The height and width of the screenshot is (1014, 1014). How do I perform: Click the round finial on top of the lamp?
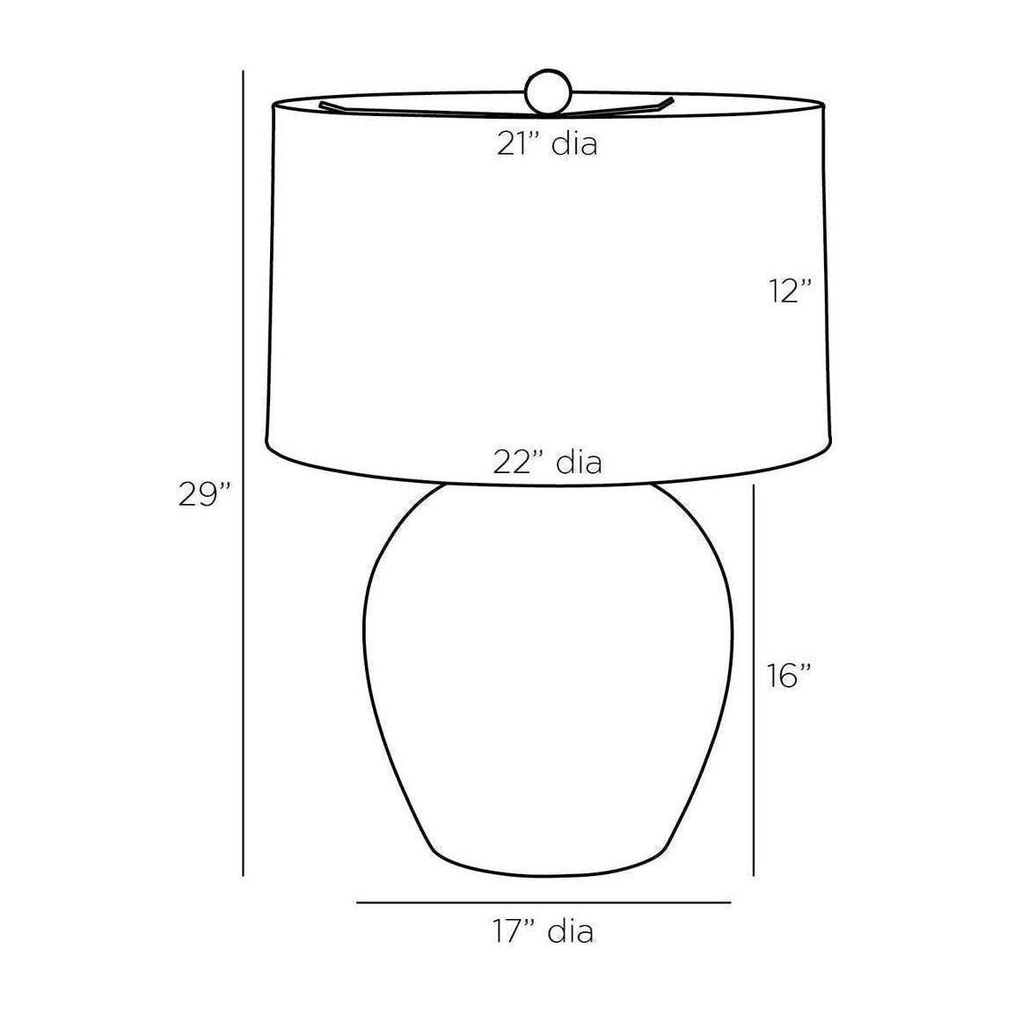click(549, 92)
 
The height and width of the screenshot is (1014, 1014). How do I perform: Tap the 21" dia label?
click(547, 143)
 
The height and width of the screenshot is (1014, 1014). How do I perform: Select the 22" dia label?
click(548, 463)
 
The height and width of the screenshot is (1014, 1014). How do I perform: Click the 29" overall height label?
click(205, 495)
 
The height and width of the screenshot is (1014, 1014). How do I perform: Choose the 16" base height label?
click(789, 676)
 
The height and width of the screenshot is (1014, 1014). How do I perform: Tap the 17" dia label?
click(543, 932)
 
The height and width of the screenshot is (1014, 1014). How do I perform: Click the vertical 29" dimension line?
click(243, 473)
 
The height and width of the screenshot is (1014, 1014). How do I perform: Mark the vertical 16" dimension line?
click(754, 681)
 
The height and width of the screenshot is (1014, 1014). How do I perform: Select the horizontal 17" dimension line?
click(543, 902)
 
